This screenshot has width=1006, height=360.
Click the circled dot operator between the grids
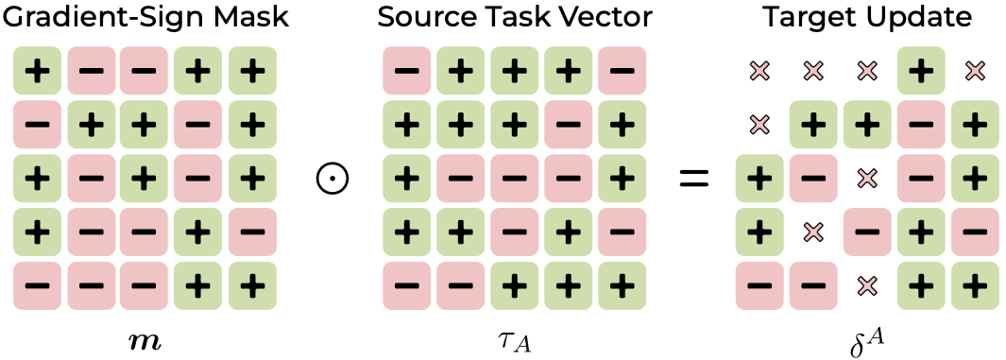point(332,179)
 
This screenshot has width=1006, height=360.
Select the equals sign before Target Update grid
point(694,179)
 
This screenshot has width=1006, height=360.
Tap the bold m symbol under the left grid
point(145,342)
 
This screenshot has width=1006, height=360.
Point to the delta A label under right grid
point(866,341)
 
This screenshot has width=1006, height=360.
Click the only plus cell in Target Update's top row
point(921,71)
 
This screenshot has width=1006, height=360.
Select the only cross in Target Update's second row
point(759,125)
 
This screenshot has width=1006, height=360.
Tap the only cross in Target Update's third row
point(867,179)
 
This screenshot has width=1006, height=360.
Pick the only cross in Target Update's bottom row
point(867,285)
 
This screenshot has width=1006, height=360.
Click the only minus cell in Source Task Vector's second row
point(568,125)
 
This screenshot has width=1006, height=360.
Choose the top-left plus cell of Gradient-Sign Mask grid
point(37,71)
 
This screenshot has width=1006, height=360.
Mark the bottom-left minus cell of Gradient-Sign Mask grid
point(37,285)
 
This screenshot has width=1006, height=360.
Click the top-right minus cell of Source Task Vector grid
point(622,71)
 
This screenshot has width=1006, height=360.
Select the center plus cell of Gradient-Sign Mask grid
point(145,179)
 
